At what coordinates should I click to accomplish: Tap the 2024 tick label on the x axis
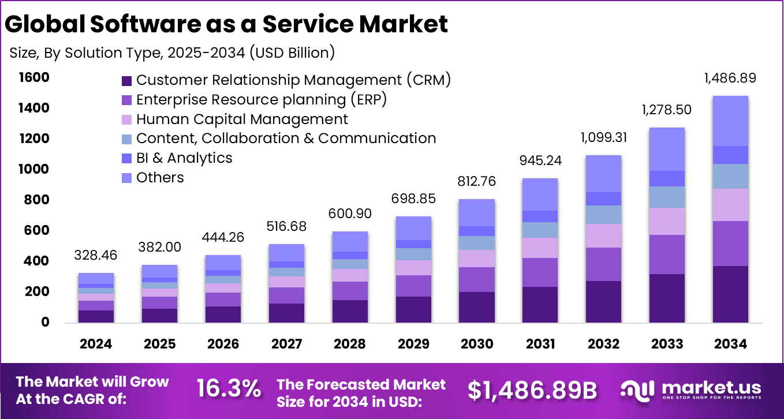(x=96, y=344)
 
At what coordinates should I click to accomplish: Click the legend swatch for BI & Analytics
(x=127, y=159)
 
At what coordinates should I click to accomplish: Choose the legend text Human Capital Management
(x=242, y=119)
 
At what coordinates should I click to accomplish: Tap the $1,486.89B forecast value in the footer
(x=532, y=390)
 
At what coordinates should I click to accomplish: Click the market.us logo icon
(x=637, y=390)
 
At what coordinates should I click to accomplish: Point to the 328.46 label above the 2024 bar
(x=96, y=255)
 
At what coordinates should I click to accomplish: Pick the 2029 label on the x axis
(x=413, y=344)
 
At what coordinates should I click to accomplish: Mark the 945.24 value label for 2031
(x=540, y=160)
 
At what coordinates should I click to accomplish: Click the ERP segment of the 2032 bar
(x=603, y=264)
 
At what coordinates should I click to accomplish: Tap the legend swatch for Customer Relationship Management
(x=127, y=80)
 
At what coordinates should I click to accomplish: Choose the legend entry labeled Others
(x=160, y=178)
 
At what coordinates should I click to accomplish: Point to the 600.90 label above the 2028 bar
(x=350, y=213)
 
